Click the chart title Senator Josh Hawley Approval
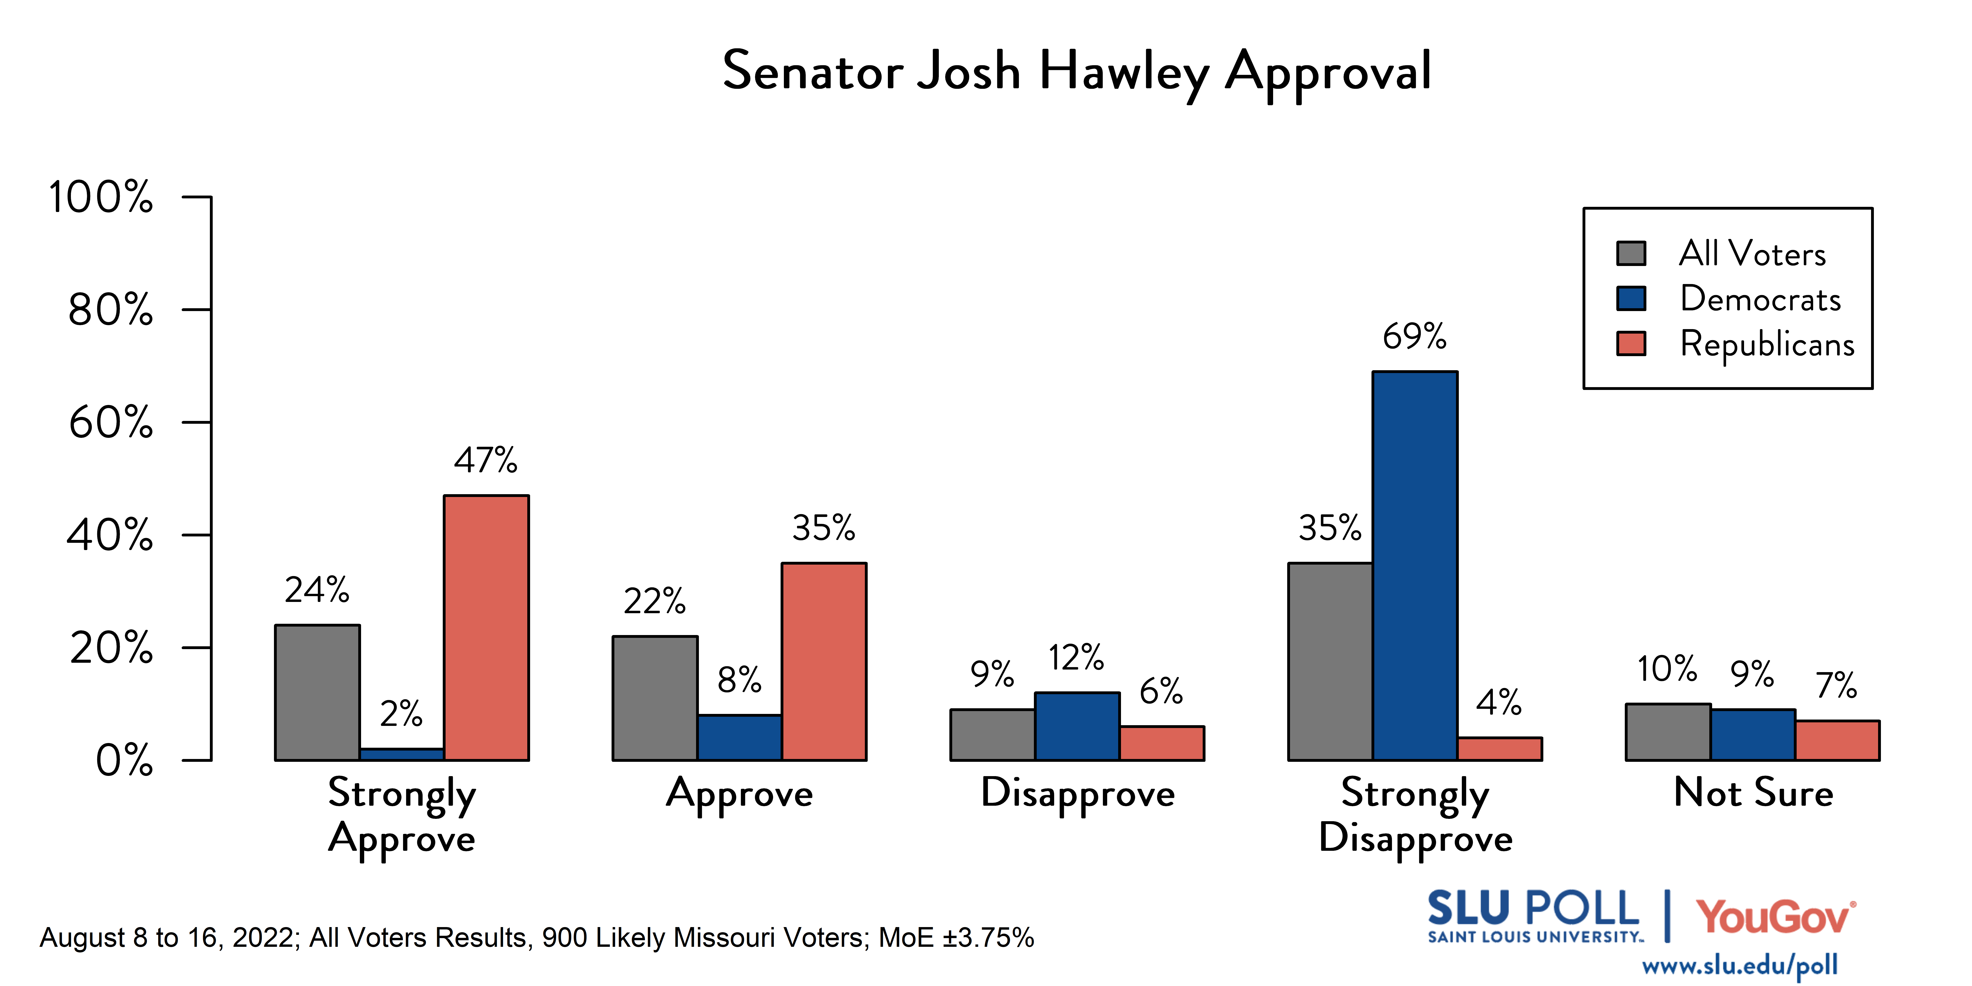(x=1076, y=71)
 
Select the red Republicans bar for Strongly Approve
(x=486, y=628)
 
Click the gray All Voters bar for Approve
(x=655, y=698)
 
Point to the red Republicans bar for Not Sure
(x=1837, y=740)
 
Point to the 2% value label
(x=401, y=714)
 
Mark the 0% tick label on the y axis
(x=124, y=761)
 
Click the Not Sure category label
(x=1753, y=793)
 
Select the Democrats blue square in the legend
(x=1631, y=299)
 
